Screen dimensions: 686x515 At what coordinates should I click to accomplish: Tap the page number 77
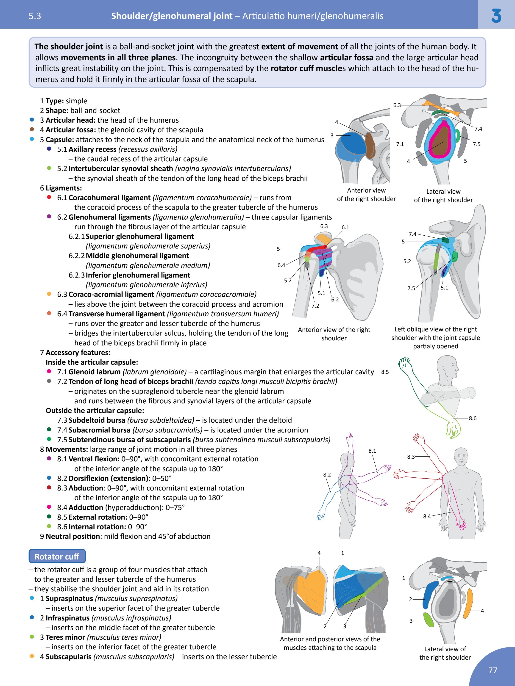coord(493,670)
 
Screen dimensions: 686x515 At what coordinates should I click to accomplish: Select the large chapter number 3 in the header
coord(496,16)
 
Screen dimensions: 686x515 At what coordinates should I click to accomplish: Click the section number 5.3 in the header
coord(35,16)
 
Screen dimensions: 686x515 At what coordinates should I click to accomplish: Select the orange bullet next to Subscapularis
coord(32,656)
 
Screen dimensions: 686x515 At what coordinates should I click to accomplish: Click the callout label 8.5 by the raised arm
coord(385,372)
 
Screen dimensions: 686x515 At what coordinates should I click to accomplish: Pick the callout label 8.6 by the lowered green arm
coord(473,418)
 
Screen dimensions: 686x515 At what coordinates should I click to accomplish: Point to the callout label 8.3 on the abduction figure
coord(411,457)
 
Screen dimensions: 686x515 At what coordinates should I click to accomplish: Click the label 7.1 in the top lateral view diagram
coord(400,144)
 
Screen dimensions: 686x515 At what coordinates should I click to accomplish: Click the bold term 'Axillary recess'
coord(92,149)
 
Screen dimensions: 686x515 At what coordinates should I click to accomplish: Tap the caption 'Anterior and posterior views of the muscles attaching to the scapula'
coord(330,643)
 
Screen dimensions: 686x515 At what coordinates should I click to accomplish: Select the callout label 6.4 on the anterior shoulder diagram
coord(281,265)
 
